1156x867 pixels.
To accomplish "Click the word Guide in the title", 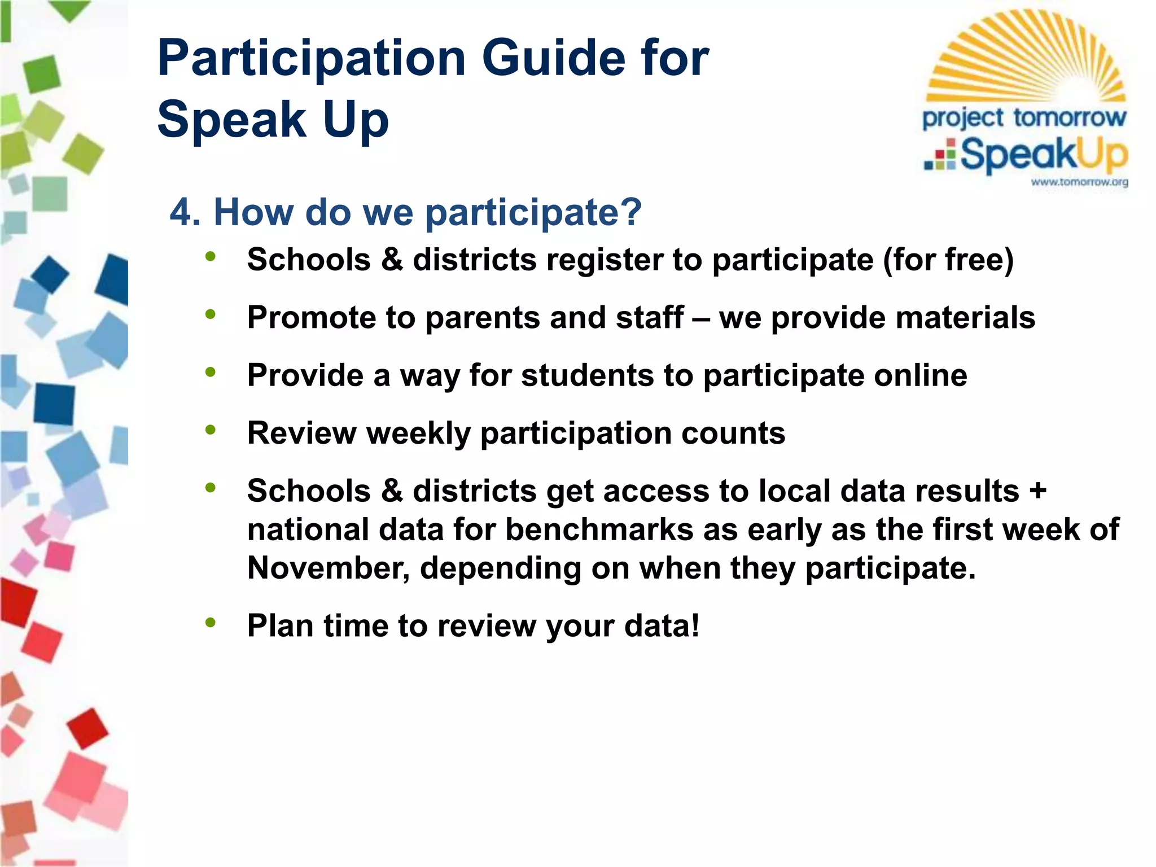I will coord(554,58).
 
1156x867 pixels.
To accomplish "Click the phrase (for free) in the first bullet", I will coord(948,260).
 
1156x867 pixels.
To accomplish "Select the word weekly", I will coord(418,433).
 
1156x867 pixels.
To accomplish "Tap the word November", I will coord(329,568).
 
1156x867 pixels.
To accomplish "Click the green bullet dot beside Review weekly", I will coord(211,430).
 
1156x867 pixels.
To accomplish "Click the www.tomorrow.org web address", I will coord(1079,182).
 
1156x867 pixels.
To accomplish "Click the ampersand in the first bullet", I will coord(392,260).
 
